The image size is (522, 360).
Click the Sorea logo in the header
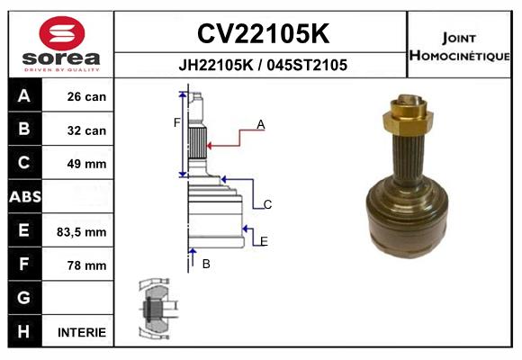point(61,45)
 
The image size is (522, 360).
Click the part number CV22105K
point(263,34)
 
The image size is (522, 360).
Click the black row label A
point(24,96)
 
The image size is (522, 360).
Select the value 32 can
point(86,130)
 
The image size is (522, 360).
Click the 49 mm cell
point(86,164)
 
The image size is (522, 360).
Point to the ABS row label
point(24,197)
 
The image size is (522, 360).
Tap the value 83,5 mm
point(82,231)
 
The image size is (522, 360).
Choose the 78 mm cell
point(86,265)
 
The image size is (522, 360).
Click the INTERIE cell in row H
point(82,332)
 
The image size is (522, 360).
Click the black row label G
point(24,298)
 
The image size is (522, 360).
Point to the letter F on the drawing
point(177,122)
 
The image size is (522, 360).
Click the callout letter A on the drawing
point(261,125)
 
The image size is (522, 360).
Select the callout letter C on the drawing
point(267,204)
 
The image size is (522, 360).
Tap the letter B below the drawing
point(206,264)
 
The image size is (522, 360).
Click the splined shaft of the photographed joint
point(411,152)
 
